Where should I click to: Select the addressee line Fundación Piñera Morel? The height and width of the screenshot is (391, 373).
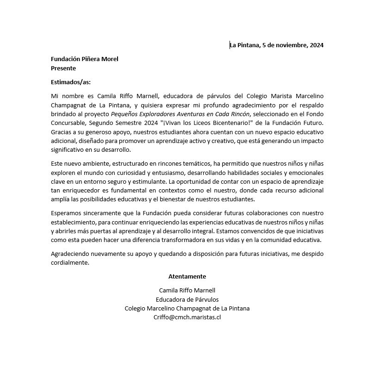pyautogui.click(x=85, y=59)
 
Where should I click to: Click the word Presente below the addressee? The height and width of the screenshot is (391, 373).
pyautogui.click(x=63, y=68)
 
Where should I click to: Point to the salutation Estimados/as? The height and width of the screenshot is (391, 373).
pyautogui.click(x=71, y=82)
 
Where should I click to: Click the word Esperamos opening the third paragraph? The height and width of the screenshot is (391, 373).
pyautogui.click(x=67, y=213)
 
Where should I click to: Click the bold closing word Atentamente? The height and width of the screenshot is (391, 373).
pyautogui.click(x=187, y=276)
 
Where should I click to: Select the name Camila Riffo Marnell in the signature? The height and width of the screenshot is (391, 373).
pyautogui.click(x=187, y=290)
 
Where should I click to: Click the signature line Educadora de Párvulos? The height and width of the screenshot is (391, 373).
pyautogui.click(x=187, y=299)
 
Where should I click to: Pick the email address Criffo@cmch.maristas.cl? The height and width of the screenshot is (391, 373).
pyautogui.click(x=187, y=317)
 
